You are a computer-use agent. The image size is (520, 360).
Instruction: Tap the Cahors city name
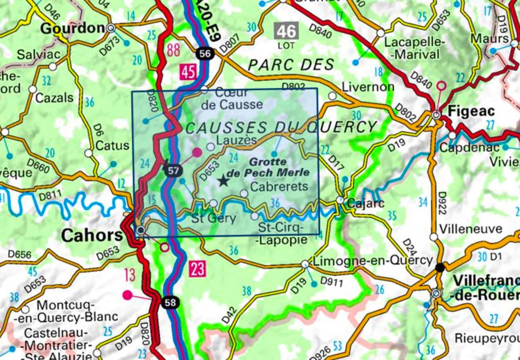pyautogui.click(x=92, y=236)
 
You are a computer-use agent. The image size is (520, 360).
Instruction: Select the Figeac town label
pyautogui.click(x=471, y=111)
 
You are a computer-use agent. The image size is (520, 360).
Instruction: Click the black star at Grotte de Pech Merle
pyautogui.click(x=223, y=180)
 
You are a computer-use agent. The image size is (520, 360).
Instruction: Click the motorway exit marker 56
pyautogui.click(x=205, y=54)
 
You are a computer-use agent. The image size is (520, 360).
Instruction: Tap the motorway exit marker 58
pyautogui.click(x=170, y=303)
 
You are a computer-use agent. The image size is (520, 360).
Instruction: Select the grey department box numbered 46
pyautogui.click(x=286, y=31)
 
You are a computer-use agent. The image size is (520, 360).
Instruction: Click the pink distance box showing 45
pyautogui.click(x=188, y=72)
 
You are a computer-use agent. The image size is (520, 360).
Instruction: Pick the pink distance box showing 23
pyautogui.click(x=198, y=269)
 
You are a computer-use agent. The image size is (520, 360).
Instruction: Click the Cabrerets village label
pyautogui.click(x=279, y=187)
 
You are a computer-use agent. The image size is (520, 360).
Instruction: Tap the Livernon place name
pyautogui.click(x=368, y=87)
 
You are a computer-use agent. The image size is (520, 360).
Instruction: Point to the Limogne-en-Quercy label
pyautogui.click(x=373, y=261)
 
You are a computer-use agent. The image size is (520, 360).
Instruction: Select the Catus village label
pyautogui.click(x=112, y=145)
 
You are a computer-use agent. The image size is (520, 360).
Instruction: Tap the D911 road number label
pyautogui.click(x=331, y=282)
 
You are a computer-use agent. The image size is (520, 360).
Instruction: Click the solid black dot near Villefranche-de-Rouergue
pyautogui.click(x=440, y=268)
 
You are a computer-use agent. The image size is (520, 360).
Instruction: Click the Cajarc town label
pyautogui.click(x=365, y=203)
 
